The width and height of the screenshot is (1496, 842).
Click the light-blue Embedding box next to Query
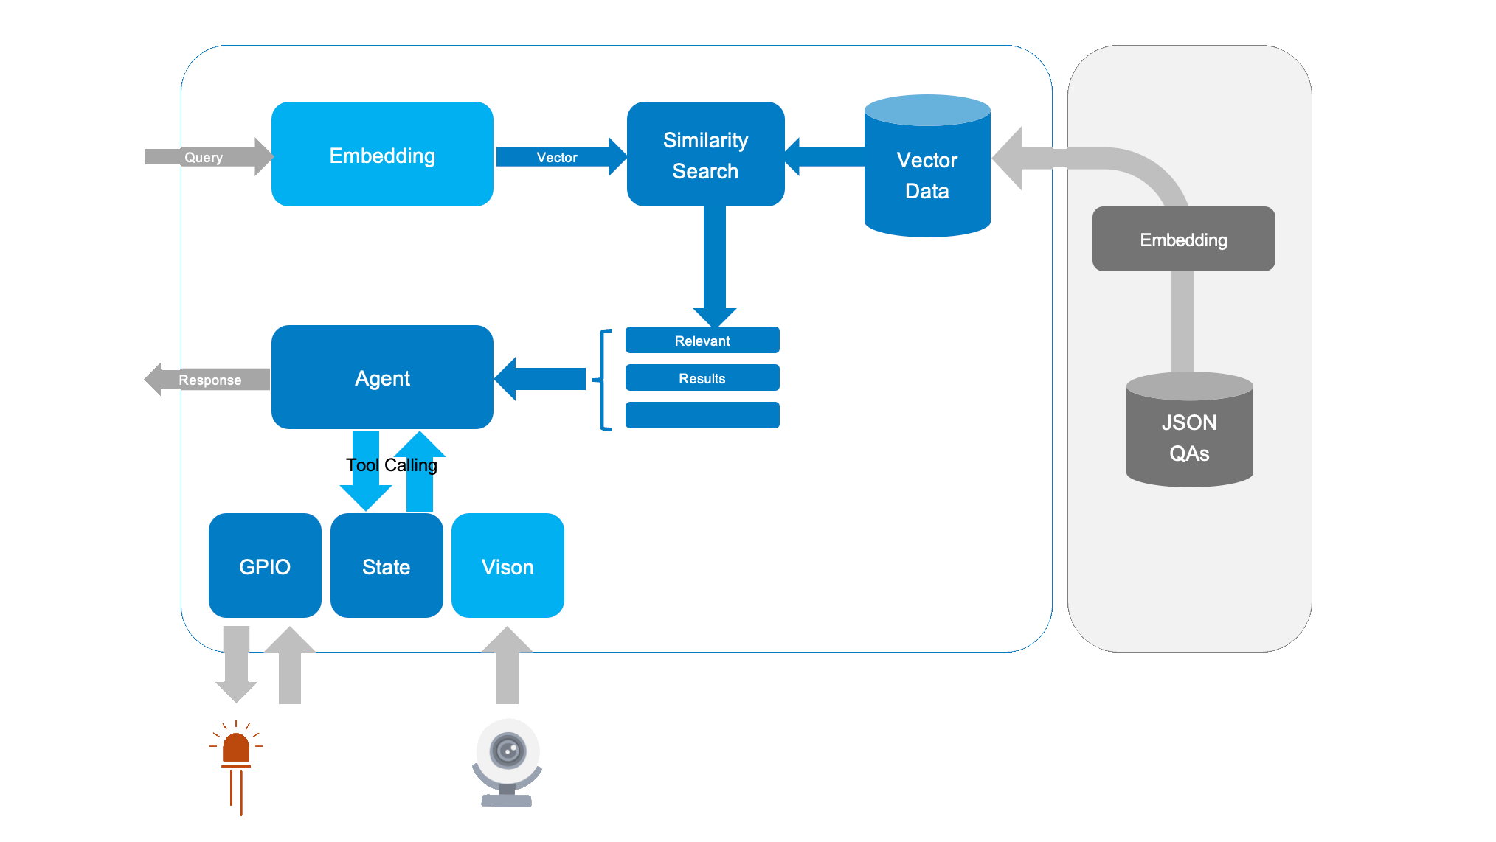tap(382, 155)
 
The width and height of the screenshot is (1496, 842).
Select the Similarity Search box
tap(705, 155)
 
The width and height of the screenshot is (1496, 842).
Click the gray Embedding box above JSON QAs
tap(1183, 240)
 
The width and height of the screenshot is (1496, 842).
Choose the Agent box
tap(382, 377)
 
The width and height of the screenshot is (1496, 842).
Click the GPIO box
tap(265, 566)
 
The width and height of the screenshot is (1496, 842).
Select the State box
tap(387, 566)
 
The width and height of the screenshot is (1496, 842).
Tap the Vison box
tap(508, 566)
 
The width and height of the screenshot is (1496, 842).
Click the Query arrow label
tap(204, 157)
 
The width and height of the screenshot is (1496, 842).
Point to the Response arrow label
tap(209, 380)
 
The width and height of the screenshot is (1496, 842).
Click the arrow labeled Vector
tap(558, 157)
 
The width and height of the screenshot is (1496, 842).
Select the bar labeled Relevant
tap(702, 341)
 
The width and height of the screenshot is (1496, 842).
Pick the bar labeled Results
tap(702, 378)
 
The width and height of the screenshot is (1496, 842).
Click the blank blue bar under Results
tap(702, 415)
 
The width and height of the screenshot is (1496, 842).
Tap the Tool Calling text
tap(392, 465)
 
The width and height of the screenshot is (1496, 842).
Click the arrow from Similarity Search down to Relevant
tap(714, 265)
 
